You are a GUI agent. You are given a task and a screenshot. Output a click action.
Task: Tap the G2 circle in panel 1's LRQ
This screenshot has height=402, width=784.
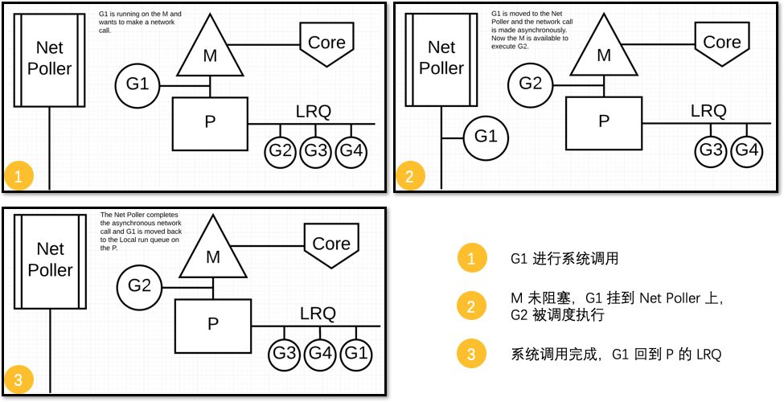click(281, 150)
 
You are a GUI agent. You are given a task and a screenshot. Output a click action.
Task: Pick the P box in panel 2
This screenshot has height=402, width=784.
click(604, 121)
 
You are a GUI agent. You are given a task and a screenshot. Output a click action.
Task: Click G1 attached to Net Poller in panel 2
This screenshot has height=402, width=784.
click(485, 137)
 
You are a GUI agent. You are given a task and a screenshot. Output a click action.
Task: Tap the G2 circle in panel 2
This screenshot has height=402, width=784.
click(529, 83)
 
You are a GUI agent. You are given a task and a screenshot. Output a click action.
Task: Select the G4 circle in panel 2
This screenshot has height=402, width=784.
click(747, 150)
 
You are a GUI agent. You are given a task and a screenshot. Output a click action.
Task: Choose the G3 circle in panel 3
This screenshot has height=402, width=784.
click(284, 352)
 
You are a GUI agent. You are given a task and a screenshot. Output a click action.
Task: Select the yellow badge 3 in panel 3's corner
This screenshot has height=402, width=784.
click(18, 379)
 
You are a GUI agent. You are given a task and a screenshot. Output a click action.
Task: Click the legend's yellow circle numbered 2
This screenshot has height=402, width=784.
click(471, 306)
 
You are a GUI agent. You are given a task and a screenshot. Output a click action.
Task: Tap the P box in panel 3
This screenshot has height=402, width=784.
click(213, 324)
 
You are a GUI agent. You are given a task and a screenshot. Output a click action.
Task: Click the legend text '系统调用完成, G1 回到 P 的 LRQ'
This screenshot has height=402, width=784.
click(616, 354)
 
